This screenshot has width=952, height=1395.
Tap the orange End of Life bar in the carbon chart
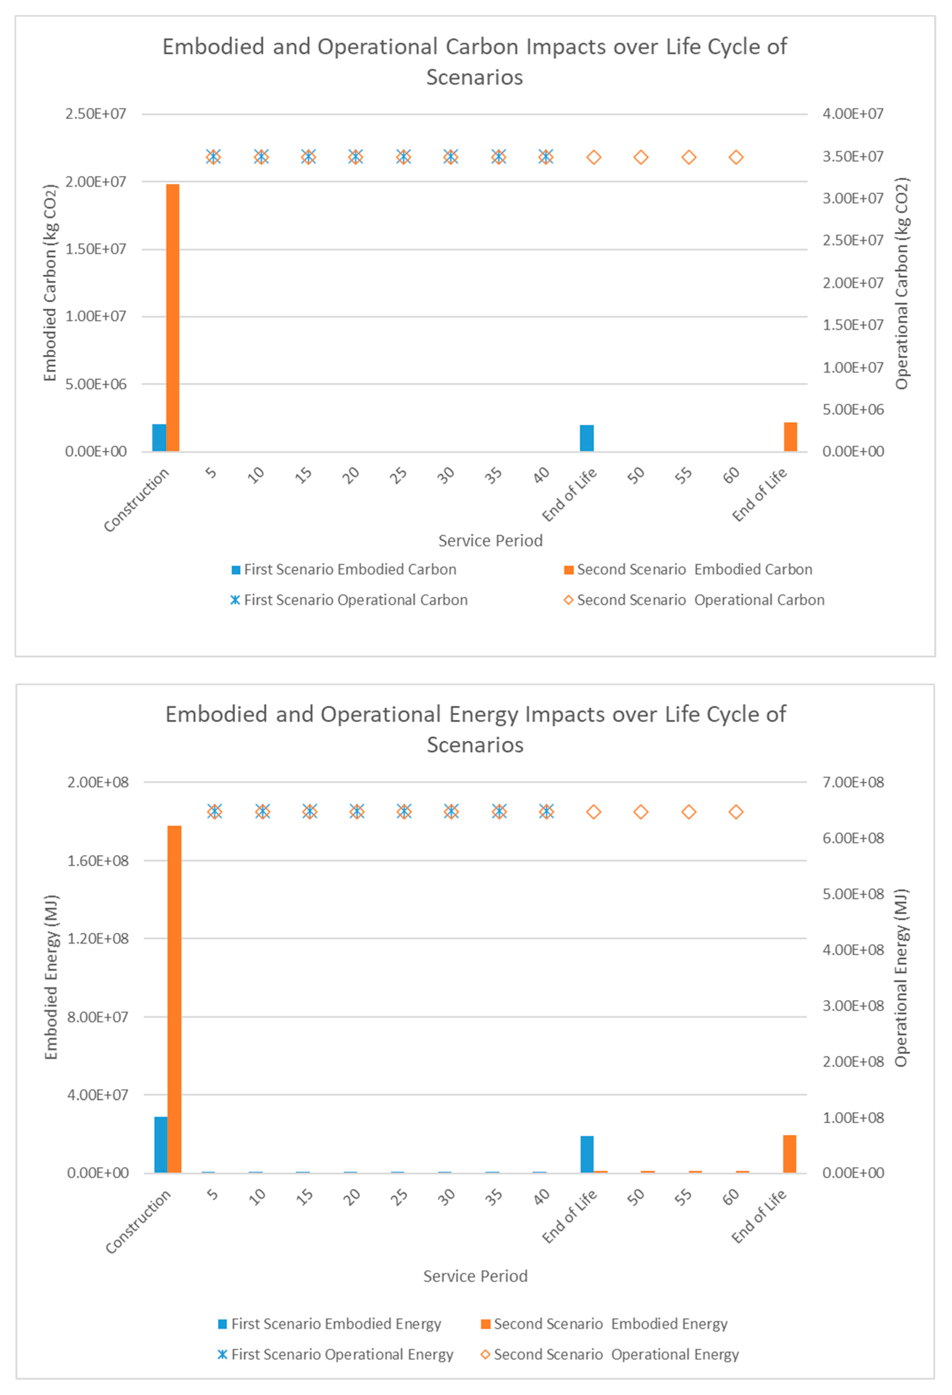coord(791,437)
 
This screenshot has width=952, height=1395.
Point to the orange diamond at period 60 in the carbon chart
coord(736,157)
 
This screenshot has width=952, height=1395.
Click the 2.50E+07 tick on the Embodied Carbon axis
coord(96,113)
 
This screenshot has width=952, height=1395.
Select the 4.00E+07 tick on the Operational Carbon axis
coord(853,113)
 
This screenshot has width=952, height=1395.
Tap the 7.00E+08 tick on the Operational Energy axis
coord(853,782)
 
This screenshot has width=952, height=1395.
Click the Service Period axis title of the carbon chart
coord(490,541)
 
